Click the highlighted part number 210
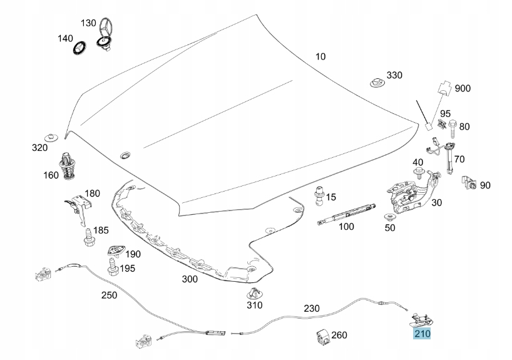422,334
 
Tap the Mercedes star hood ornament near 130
105,34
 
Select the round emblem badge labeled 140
79,48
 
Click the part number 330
394,75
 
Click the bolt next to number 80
453,130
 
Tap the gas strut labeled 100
346,214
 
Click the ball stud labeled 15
319,196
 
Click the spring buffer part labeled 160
67,166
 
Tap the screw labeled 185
89,238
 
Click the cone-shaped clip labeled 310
255,294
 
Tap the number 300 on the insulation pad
190,279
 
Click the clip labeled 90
469,183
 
